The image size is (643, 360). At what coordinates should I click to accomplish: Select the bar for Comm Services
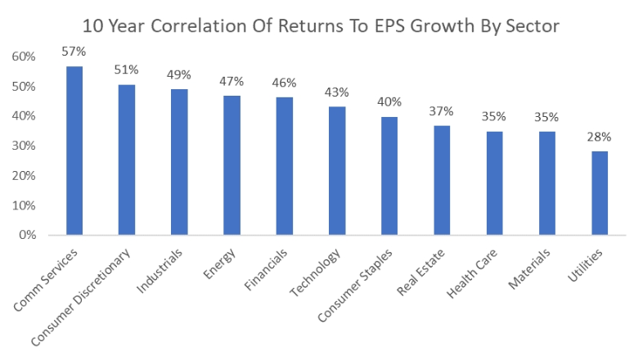tap(74, 151)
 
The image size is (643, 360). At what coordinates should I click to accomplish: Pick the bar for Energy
tap(232, 165)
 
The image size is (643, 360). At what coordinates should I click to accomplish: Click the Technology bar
tap(336, 171)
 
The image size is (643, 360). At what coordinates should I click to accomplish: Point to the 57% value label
tap(74, 51)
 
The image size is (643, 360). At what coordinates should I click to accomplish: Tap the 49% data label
tap(179, 74)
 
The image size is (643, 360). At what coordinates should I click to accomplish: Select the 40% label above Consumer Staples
tap(389, 101)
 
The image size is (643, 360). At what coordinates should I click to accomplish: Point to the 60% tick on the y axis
tap(24, 56)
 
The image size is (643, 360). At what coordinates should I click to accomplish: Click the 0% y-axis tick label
tap(27, 235)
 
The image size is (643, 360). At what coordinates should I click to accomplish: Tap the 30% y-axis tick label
tap(24, 146)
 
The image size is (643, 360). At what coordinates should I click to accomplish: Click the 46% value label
tap(284, 83)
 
